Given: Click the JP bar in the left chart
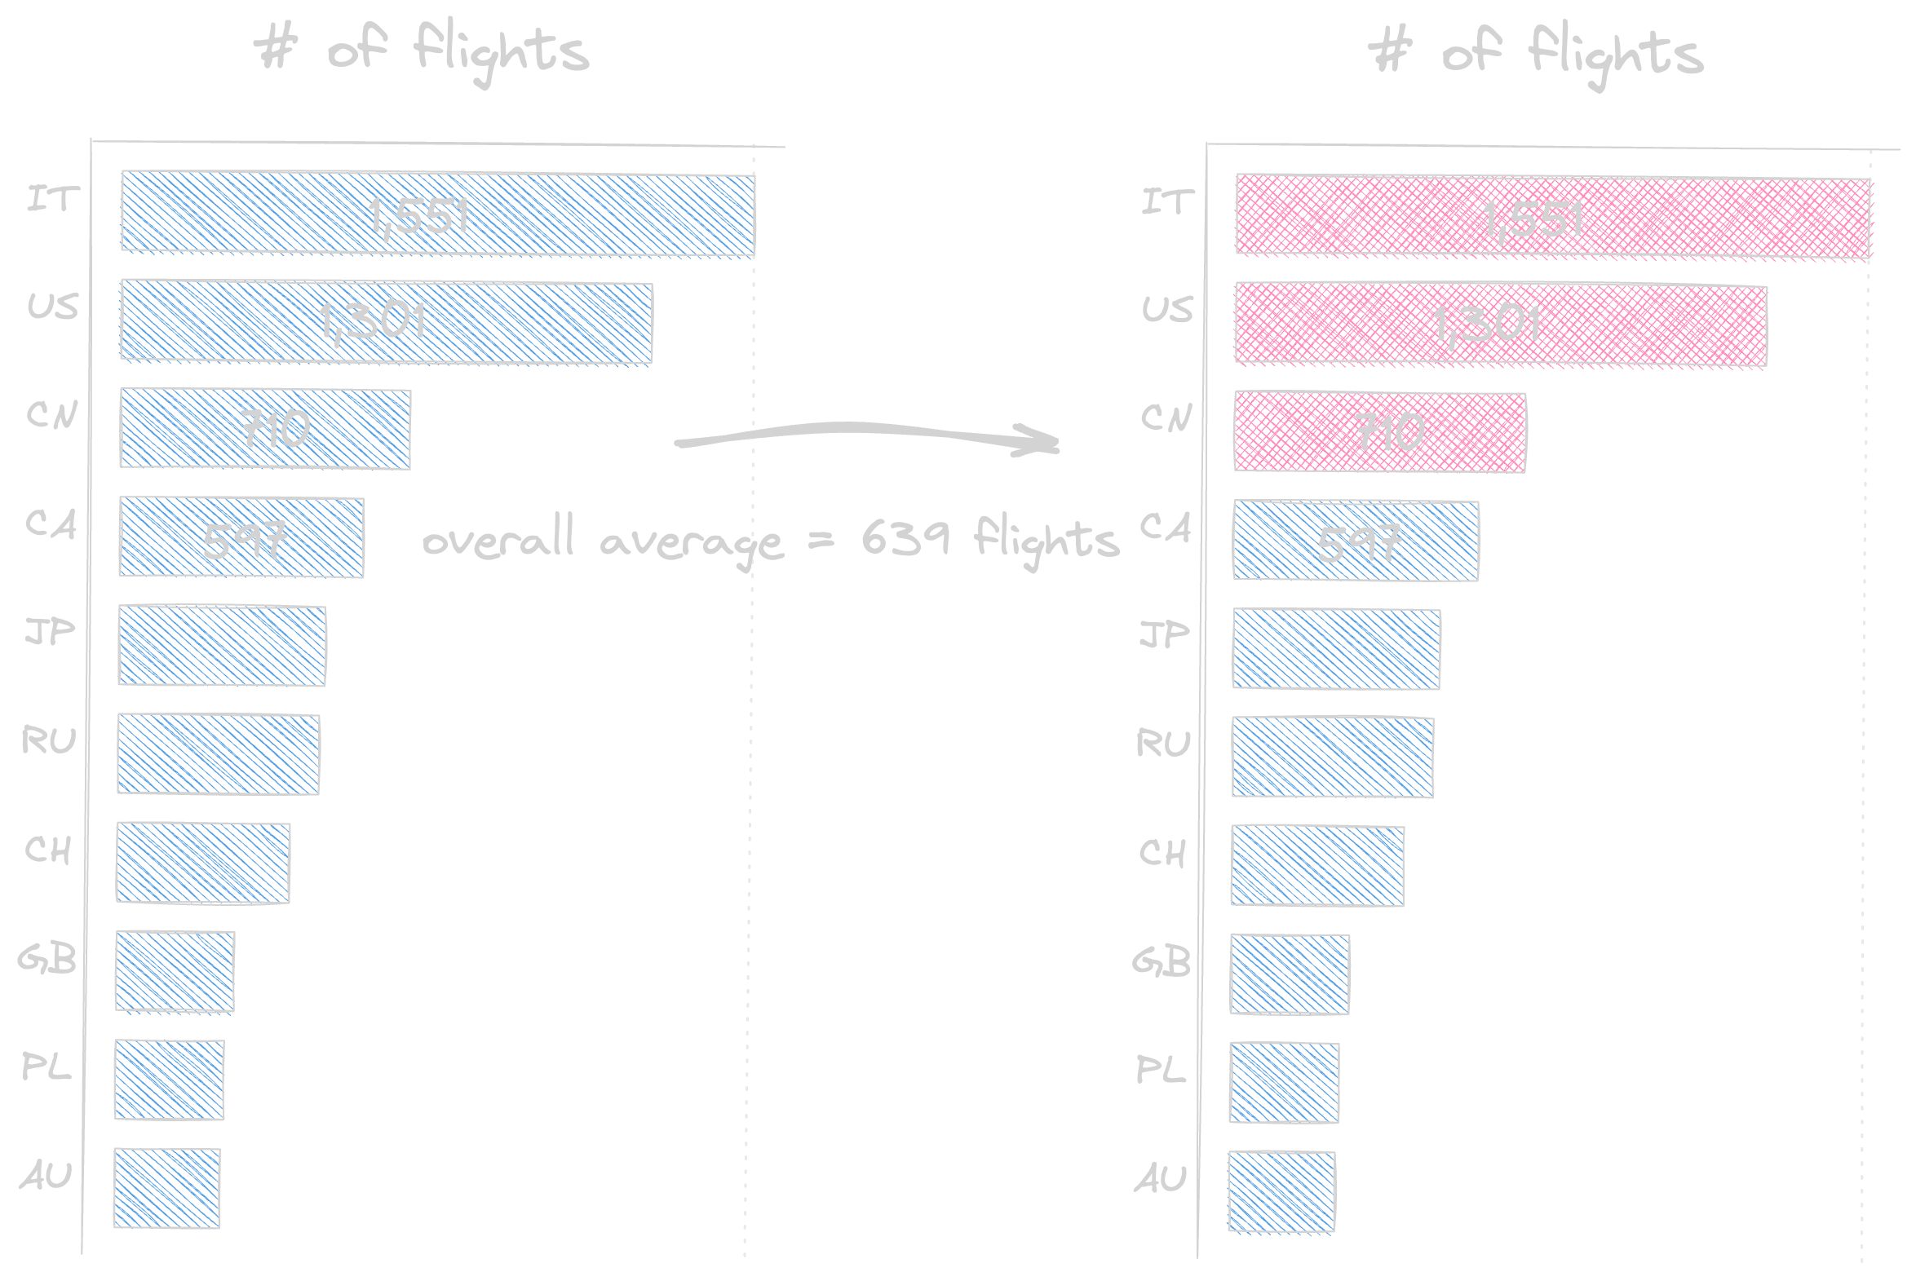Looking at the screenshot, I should point(221,646).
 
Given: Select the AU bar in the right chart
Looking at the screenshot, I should point(1281,1190).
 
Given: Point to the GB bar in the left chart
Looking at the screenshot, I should point(175,971).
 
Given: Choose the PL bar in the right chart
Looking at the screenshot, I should point(1284,1083).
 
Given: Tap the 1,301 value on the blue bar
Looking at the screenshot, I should point(373,321).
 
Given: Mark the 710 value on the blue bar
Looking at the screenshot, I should point(276,430).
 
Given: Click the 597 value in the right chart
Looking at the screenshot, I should point(1359,542).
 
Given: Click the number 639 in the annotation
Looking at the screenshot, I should point(905,538).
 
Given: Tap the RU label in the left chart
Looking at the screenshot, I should point(49,741).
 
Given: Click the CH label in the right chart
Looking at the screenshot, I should point(1162,853).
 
